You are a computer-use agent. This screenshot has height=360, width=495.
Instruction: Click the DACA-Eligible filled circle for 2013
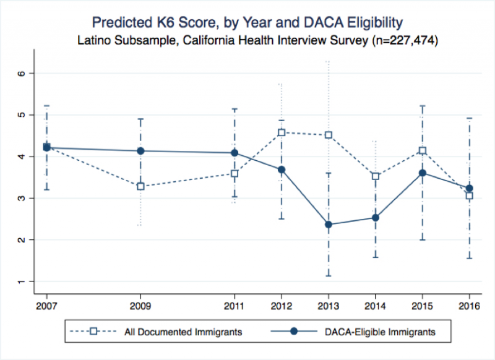328,225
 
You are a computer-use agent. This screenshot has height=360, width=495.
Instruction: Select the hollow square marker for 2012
282,132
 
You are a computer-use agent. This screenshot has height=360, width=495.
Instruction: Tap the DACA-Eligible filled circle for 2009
140,151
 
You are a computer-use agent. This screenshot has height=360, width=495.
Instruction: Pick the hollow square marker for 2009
140,186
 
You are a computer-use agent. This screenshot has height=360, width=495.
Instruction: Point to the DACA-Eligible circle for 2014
375,217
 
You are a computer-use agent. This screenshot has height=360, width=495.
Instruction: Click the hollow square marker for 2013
329,135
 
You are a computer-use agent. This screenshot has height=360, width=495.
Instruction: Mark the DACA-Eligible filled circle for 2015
422,173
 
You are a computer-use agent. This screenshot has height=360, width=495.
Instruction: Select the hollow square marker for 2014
375,176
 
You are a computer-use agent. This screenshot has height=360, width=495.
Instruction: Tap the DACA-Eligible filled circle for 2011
235,153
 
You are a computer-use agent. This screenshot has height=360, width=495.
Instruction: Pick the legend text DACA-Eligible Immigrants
381,332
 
